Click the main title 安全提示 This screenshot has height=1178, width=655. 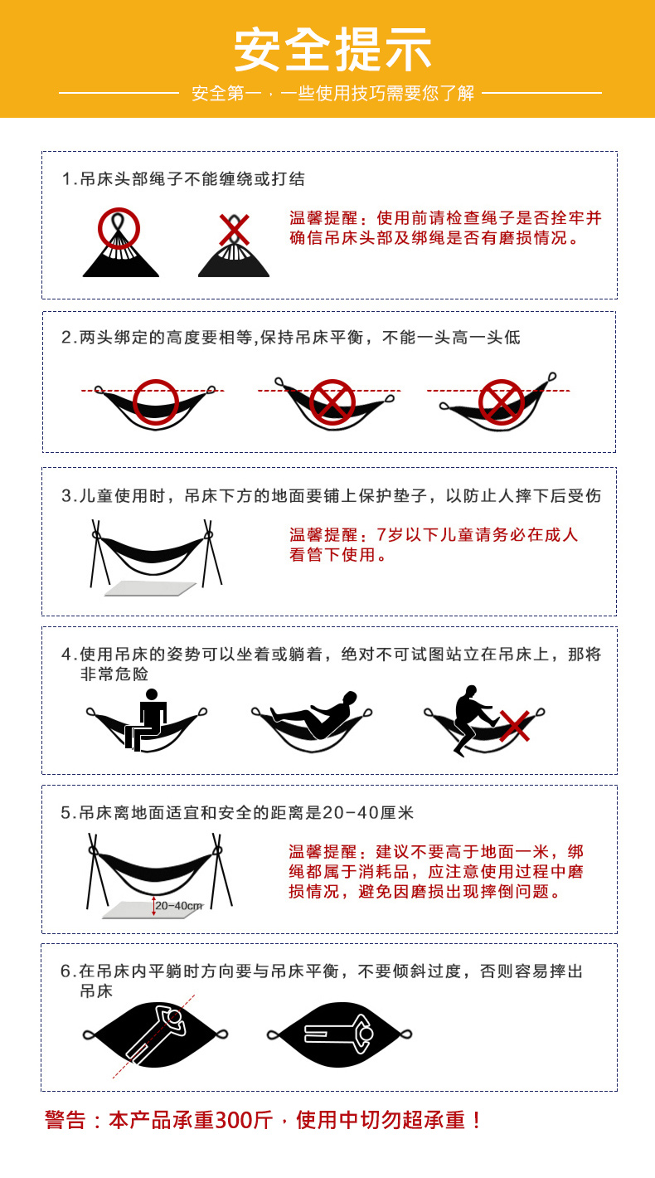point(332,50)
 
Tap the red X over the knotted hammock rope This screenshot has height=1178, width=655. point(234,230)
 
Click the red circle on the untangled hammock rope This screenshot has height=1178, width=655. point(119,228)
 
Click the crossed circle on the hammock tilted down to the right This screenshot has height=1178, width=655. point(332,402)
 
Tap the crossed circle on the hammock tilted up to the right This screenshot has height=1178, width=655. point(502,402)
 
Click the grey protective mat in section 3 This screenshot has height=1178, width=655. point(150,588)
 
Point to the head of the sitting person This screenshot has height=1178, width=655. point(152,694)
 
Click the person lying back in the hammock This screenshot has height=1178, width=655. point(315,715)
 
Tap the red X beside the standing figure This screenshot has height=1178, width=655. point(515,726)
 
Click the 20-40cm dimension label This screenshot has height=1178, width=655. point(179,906)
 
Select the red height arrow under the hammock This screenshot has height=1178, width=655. point(153,906)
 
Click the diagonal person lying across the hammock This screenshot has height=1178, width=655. point(156,1033)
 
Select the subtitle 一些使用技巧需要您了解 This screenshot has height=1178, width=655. point(377,93)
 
